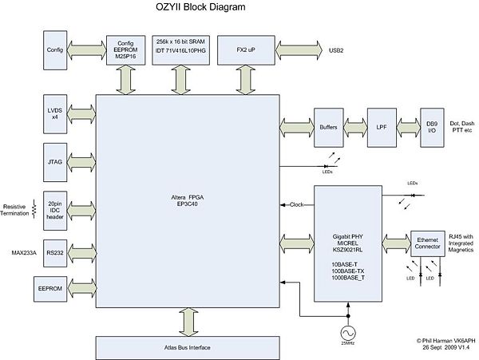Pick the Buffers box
tap(327, 125)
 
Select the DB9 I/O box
tap(431, 125)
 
